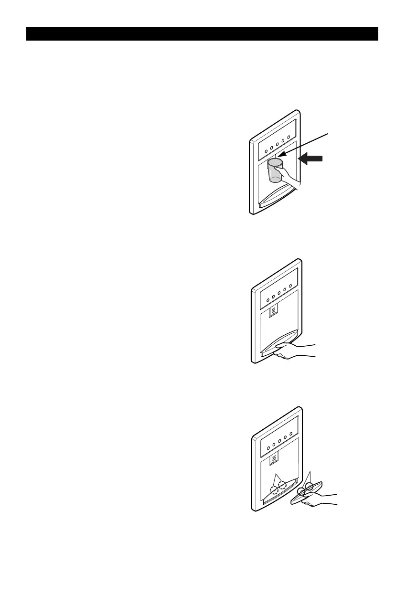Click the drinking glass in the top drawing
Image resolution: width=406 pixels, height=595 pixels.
coord(275,171)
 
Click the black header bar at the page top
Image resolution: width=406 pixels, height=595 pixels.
coord(202,34)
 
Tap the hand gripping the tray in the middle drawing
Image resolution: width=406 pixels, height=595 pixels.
coord(296,351)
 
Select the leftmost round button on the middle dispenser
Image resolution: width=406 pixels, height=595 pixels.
coord(267,301)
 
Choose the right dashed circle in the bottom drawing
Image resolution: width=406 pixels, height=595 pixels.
coord(282,485)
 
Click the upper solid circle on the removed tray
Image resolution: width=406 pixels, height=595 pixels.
coord(310,487)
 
